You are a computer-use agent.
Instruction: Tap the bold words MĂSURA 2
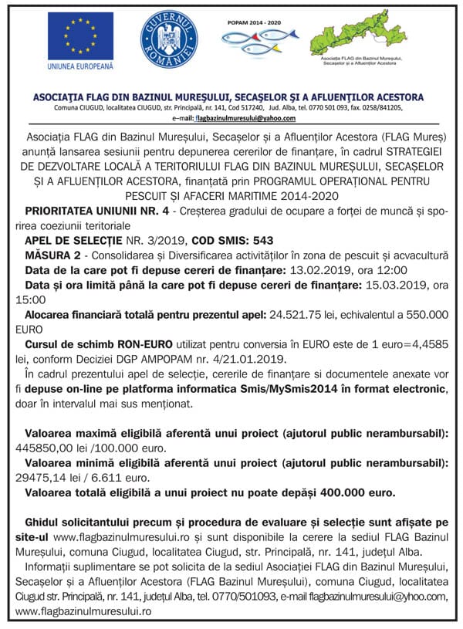pyautogui.click(x=52, y=255)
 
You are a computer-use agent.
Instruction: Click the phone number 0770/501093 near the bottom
pyautogui.click(x=231, y=596)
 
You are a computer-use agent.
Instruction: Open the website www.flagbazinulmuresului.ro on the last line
pyautogui.click(x=83, y=610)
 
